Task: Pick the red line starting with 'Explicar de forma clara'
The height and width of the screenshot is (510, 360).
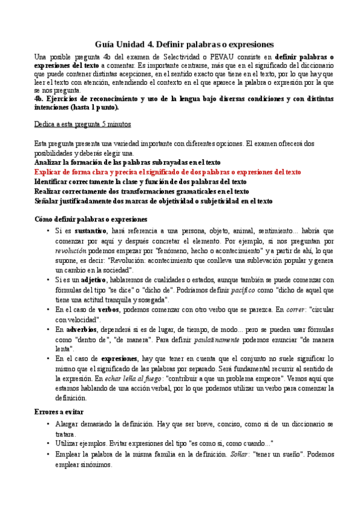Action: coord(168,171)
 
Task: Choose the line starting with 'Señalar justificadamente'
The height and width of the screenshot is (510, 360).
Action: coord(153,200)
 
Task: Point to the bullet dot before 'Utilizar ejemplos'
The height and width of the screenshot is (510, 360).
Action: coord(47,443)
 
